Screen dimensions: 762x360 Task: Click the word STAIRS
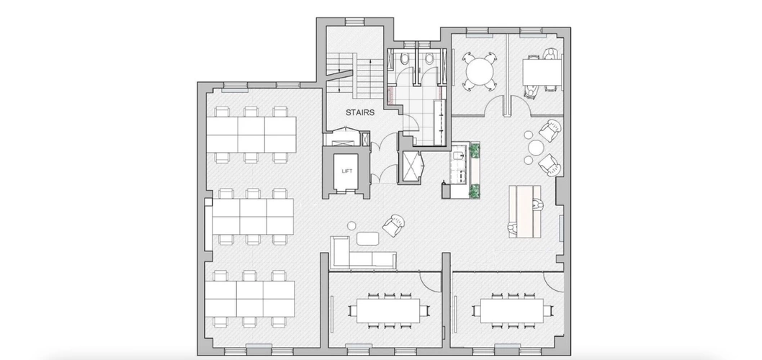pyautogui.click(x=360, y=112)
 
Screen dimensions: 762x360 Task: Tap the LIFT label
pyautogui.click(x=346, y=171)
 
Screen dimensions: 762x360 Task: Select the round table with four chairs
pyautogui.click(x=480, y=72)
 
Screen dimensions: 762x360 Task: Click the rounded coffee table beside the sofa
pyautogui.click(x=368, y=238)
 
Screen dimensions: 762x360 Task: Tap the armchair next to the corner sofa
pyautogui.click(x=394, y=225)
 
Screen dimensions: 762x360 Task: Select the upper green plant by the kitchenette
pyautogui.click(x=475, y=150)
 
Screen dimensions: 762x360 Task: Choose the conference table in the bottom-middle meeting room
pyautogui.click(x=388, y=310)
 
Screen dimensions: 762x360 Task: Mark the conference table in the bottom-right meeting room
pyautogui.click(x=512, y=310)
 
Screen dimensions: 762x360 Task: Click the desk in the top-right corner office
pyautogui.click(x=542, y=71)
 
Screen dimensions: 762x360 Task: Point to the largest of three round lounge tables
pyautogui.click(x=535, y=147)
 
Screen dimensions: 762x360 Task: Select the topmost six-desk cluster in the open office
pyautogui.click(x=251, y=134)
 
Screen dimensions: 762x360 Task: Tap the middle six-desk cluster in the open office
pyautogui.click(x=253, y=217)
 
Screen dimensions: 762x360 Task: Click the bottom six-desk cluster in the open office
pyautogui.click(x=250, y=298)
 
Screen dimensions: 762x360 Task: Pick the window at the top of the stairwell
pyautogui.click(x=355, y=22)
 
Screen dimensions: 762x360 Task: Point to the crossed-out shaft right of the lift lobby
pyautogui.click(x=411, y=166)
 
